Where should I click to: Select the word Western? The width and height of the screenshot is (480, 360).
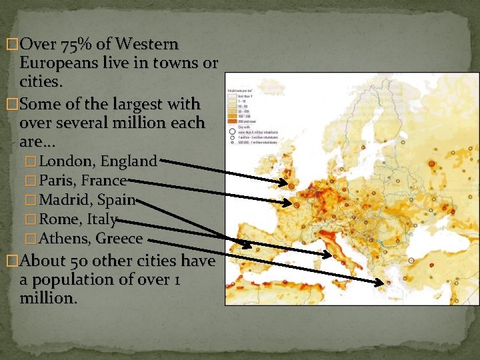point(147,45)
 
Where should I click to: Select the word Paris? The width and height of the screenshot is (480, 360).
point(56,180)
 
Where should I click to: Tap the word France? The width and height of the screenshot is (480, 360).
point(104,180)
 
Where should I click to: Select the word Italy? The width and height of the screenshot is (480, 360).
point(102,219)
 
